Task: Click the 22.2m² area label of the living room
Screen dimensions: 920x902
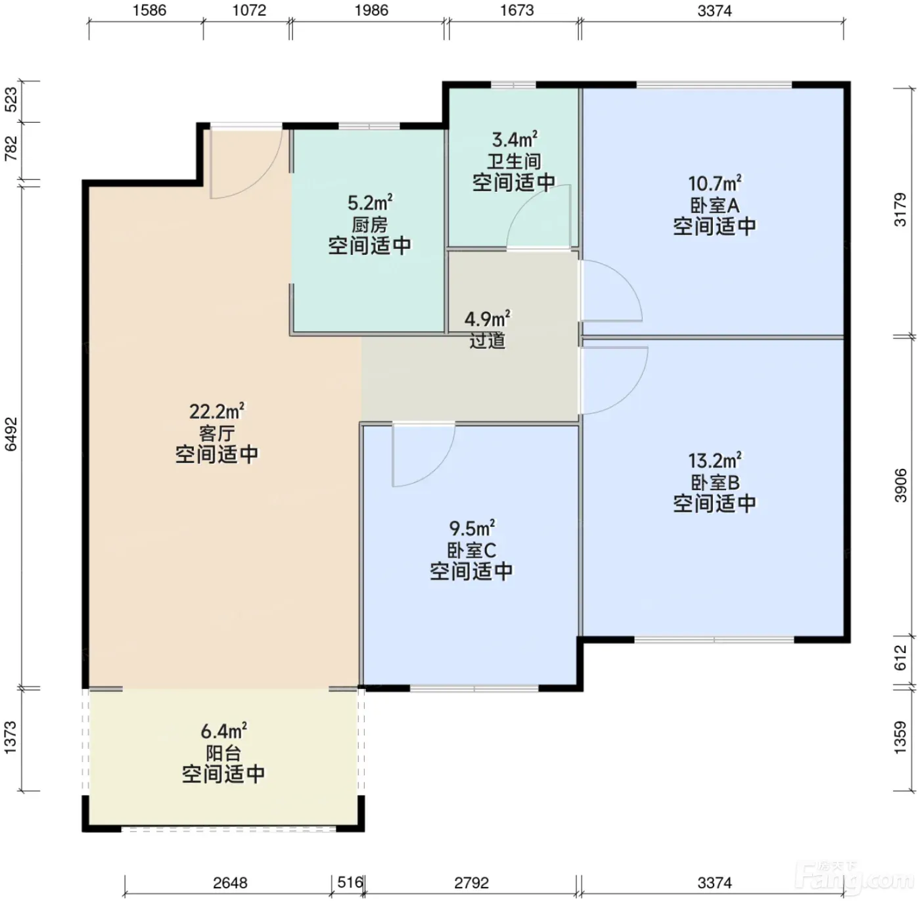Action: pyautogui.click(x=217, y=412)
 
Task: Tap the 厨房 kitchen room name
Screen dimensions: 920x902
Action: pyautogui.click(x=369, y=225)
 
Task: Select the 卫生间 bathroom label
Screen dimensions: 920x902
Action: pyautogui.click(x=514, y=162)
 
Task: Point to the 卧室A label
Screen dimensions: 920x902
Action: pyautogui.click(x=714, y=206)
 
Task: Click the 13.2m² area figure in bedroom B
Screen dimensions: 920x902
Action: pyautogui.click(x=714, y=461)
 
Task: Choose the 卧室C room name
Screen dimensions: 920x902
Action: pyautogui.click(x=471, y=551)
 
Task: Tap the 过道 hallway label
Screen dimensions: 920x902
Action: pyautogui.click(x=487, y=340)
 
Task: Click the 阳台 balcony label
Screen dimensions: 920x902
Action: pyautogui.click(x=223, y=753)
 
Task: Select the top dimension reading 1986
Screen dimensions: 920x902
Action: pyautogui.click(x=371, y=10)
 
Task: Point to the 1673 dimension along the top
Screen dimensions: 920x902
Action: pyautogui.click(x=517, y=10)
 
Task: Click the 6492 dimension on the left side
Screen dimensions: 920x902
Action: pyautogui.click(x=11, y=434)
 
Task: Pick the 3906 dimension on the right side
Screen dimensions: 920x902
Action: pyautogui.click(x=900, y=485)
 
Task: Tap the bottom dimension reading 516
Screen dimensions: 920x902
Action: pyautogui.click(x=350, y=882)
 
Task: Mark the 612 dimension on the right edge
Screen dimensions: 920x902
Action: pyautogui.click(x=900, y=658)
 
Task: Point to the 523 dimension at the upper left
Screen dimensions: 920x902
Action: pyautogui.click(x=11, y=100)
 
